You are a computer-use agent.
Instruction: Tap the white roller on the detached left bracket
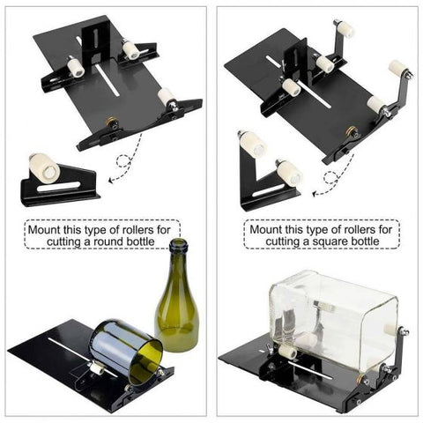click(x=41, y=165)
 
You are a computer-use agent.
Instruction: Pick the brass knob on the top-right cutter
click(x=352, y=133)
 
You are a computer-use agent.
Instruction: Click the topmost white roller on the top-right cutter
click(x=345, y=29)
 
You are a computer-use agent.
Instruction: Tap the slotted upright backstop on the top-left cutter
click(x=93, y=40)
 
